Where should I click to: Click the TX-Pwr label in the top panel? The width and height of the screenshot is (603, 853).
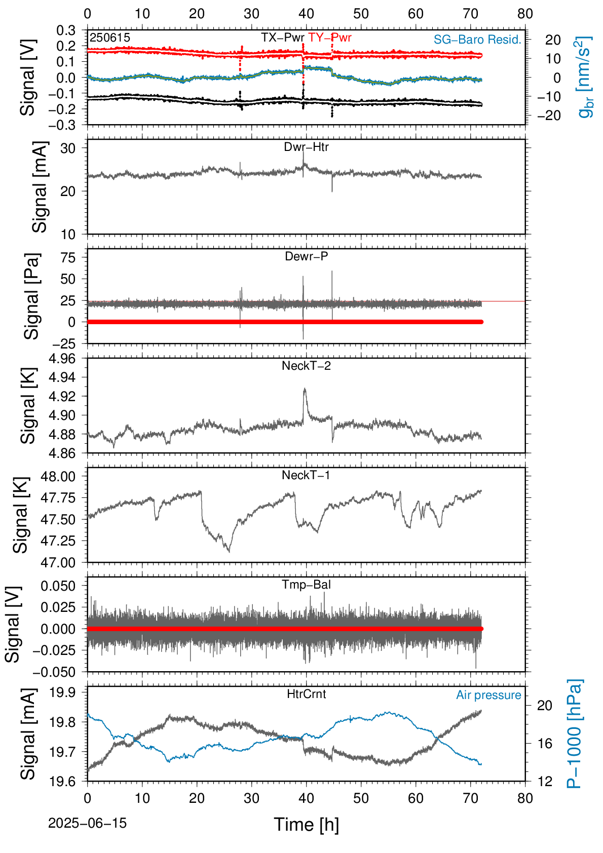point(282,37)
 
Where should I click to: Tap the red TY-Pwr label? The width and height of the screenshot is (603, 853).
point(330,37)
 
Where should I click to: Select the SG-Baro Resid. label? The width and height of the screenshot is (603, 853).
point(477,40)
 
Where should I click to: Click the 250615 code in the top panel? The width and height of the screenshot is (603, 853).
point(110,37)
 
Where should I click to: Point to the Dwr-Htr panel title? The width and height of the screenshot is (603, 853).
point(306,147)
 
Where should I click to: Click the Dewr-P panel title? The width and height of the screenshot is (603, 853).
point(306,256)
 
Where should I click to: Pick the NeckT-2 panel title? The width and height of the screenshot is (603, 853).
point(306,366)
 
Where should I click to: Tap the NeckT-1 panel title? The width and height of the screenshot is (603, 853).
point(306,475)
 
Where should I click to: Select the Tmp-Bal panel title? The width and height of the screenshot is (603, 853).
point(306,585)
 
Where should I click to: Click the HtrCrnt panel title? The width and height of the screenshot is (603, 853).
point(306,694)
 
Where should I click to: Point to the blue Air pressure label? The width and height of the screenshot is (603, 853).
point(488,695)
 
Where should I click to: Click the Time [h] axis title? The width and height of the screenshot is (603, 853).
point(306,825)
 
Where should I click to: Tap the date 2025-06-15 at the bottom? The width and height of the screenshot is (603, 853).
point(87,823)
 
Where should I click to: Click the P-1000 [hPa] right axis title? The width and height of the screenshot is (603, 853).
point(575,734)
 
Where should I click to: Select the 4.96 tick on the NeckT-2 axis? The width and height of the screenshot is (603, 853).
point(62,358)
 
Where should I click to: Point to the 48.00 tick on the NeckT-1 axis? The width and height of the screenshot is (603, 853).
point(58,476)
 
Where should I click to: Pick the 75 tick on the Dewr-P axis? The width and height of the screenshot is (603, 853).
point(68,257)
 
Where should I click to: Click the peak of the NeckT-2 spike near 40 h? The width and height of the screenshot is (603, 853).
point(305,389)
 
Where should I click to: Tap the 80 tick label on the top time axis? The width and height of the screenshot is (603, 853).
point(525,14)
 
